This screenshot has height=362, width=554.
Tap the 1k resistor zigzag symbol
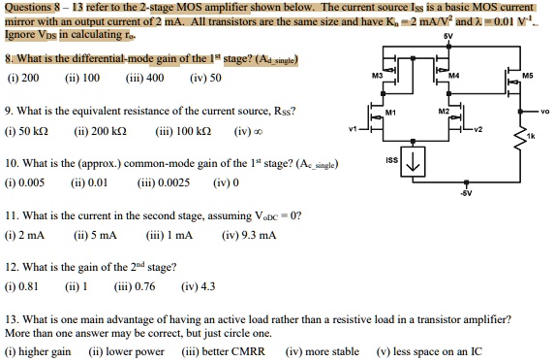pos(520,140)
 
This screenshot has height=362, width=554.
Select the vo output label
pos(544,111)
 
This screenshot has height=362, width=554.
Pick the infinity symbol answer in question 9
pos(245,129)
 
